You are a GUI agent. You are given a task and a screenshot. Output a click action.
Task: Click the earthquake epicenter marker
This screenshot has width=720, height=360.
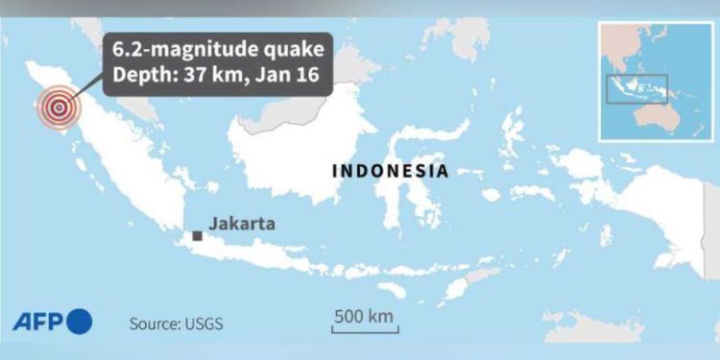[x=59, y=109]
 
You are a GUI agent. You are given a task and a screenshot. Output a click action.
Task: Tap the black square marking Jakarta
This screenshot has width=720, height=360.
[x=197, y=235]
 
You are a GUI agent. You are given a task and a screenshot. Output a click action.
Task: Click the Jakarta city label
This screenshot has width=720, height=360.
[x=242, y=224]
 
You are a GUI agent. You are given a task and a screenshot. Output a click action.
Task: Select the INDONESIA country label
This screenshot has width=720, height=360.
[x=390, y=171]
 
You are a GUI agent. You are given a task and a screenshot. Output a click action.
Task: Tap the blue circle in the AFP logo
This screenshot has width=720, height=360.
[x=80, y=321]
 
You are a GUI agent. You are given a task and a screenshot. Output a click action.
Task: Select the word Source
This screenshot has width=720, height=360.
[x=153, y=324]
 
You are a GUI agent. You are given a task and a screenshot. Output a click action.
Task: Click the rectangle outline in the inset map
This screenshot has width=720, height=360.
[x=636, y=89]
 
